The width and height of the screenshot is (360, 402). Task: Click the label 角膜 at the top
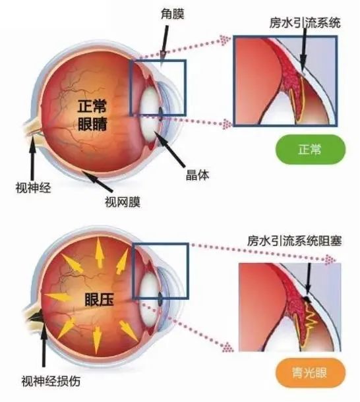[173, 14]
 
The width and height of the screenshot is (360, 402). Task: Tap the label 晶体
[197, 175]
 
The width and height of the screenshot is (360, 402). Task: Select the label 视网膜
[123, 202]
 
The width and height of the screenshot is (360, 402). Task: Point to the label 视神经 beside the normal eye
[34, 188]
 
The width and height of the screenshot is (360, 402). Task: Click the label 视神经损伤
[51, 381]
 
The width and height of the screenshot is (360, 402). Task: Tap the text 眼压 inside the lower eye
[99, 299]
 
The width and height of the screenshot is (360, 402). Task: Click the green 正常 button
[311, 149]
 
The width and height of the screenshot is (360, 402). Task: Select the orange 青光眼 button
[311, 372]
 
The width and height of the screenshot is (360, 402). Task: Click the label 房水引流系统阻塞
[295, 241]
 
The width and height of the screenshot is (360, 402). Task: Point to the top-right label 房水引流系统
[305, 23]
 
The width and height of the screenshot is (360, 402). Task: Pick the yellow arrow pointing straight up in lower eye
[100, 253]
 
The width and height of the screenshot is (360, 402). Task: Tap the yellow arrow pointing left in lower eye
[58, 297]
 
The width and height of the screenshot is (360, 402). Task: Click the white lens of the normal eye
[150, 112]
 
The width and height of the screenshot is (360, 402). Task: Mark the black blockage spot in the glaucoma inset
[307, 299]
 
